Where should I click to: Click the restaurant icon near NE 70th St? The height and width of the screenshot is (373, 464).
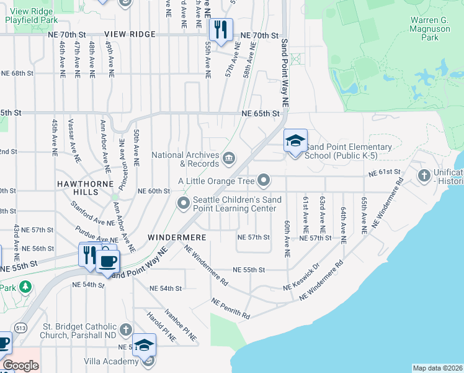click(220, 29)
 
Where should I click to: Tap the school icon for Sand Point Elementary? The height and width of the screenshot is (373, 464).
click(295, 141)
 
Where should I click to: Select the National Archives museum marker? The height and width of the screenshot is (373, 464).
click(229, 160)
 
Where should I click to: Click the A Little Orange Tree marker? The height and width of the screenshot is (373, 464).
click(264, 181)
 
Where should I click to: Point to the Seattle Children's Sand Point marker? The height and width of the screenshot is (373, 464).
click(184, 203)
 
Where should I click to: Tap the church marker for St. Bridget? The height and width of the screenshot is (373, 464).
click(126, 329)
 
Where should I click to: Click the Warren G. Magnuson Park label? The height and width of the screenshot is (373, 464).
click(429, 29)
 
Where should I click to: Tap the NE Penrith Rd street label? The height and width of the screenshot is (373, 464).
click(230, 308)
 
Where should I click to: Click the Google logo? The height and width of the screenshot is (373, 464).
click(20, 366)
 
